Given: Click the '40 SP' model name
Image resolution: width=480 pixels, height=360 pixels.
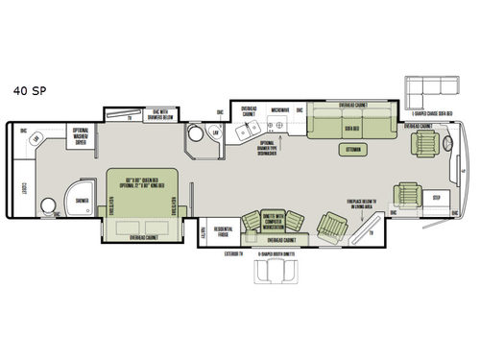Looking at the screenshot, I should tap(26, 91).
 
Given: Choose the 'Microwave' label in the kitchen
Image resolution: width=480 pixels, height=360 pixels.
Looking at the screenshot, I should tap(278, 109).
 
